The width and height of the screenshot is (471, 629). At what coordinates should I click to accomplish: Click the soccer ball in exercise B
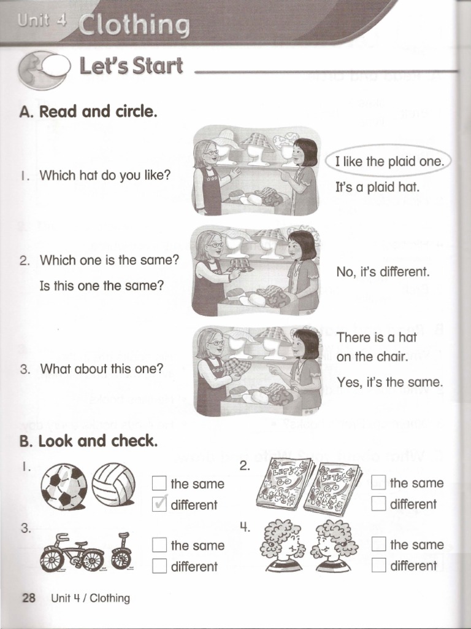64,486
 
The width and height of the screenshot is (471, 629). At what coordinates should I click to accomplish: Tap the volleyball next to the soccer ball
113,483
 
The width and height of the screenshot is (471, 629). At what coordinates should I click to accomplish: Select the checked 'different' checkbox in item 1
159,505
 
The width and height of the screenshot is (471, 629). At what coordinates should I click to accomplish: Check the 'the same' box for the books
378,483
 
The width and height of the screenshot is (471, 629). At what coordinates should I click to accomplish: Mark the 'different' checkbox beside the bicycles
159,566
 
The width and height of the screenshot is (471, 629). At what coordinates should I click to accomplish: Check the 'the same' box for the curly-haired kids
378,544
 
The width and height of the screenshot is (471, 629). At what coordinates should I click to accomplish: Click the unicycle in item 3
122,551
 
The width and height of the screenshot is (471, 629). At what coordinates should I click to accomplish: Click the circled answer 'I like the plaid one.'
388,162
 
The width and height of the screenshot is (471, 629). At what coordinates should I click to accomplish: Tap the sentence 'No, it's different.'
383,271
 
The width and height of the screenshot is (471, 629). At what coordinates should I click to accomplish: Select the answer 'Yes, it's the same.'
389,382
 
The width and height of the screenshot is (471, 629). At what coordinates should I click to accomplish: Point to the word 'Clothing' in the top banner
133,26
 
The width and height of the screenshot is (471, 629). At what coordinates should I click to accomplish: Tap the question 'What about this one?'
101,369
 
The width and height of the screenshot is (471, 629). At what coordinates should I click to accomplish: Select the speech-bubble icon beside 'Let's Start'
44,68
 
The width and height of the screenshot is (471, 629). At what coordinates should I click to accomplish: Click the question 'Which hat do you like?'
104,175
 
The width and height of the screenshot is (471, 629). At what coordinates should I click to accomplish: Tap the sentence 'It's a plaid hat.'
377,187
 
